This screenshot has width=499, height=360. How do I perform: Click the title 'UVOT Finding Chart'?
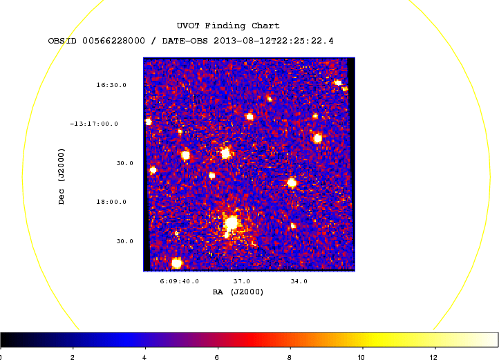pyautogui.click(x=228, y=26)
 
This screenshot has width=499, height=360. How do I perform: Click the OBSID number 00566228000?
pyautogui.click(x=113, y=41)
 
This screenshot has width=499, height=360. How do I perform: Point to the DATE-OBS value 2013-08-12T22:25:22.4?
pyautogui.click(x=274, y=41)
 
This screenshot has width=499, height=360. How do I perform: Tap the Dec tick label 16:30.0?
pyautogui.click(x=111, y=85)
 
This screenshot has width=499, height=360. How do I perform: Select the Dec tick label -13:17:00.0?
pyautogui.click(x=94, y=124)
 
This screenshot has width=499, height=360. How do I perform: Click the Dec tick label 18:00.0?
pyautogui.click(x=111, y=202)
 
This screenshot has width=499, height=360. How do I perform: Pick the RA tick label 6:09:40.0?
pyautogui.click(x=179, y=281)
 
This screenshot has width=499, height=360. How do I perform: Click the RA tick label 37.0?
pyautogui.click(x=241, y=281)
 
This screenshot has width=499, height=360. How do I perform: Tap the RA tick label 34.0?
pyautogui.click(x=299, y=281)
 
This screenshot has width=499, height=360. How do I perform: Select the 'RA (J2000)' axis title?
pyautogui.click(x=238, y=292)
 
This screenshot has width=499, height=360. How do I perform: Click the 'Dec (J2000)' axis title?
pyautogui.click(x=61, y=176)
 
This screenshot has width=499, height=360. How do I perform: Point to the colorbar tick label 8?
pyautogui.click(x=289, y=357)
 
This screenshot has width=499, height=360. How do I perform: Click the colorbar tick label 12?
pyautogui.click(x=433, y=357)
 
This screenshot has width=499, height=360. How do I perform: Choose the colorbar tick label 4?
pyautogui.click(x=144, y=357)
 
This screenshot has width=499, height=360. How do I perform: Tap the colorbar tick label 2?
pyautogui.click(x=73, y=357)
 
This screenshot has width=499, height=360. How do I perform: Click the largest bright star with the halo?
pyautogui.click(x=231, y=222)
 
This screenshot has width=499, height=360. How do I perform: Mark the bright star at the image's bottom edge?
pyautogui.click(x=177, y=263)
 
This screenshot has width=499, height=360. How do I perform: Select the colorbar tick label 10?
pyautogui.click(x=361, y=357)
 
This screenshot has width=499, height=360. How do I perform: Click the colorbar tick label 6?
pyautogui.click(x=217, y=357)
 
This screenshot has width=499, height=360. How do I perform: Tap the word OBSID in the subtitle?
pyautogui.click(x=62, y=41)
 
